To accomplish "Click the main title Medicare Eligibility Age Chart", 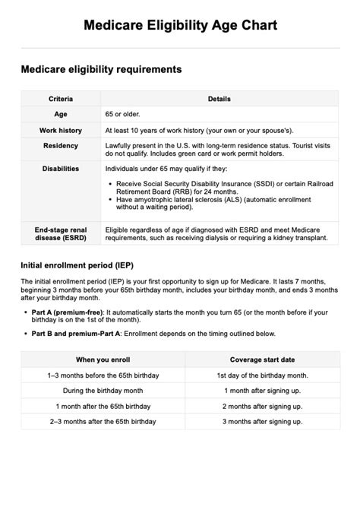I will pos(180,25).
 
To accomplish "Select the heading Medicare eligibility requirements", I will pos(101,69).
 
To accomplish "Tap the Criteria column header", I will pos(61,99).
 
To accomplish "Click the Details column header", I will pos(219,99).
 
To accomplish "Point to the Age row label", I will pos(61,114).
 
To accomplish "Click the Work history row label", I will pos(61,131).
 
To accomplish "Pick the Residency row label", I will pos(61,146).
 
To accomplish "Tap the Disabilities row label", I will pos(61,169).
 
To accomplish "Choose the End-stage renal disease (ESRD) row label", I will pos(61,233).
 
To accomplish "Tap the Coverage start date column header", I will pos(262,360).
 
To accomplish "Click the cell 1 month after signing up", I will pos(262,391).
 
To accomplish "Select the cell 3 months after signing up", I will pos(262,421).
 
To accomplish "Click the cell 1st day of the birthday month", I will pos(262,375).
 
